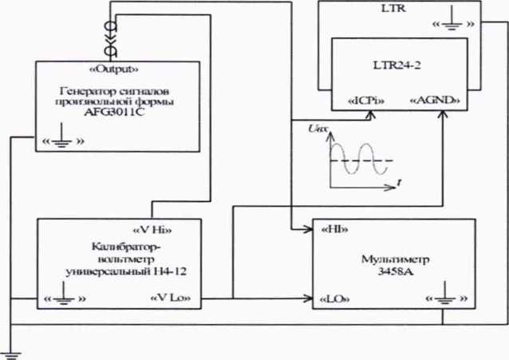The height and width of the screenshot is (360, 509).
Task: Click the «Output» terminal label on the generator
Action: [x=113, y=69]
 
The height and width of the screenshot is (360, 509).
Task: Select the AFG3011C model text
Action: [x=114, y=113]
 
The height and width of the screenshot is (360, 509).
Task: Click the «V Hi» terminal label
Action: [x=152, y=230]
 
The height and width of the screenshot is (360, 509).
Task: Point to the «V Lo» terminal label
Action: [x=171, y=298]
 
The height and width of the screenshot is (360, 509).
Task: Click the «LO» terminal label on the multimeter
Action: [x=335, y=299]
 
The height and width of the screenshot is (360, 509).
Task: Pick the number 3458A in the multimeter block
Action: [x=396, y=271]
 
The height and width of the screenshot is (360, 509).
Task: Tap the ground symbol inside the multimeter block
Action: [x=444, y=293]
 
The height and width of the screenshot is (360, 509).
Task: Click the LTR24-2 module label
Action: [x=397, y=65]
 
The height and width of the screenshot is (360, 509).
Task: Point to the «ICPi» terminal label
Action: [x=366, y=101]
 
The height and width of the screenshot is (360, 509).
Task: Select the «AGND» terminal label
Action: [x=435, y=100]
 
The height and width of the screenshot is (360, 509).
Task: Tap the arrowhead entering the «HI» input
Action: [x=308, y=229]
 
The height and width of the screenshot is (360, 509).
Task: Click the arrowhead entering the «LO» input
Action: [x=308, y=299]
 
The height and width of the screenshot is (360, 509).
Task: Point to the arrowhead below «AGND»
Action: [x=443, y=114]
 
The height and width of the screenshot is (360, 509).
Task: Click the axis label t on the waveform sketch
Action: [x=399, y=183]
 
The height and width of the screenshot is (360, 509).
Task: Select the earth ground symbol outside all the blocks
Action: [x=10, y=355]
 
